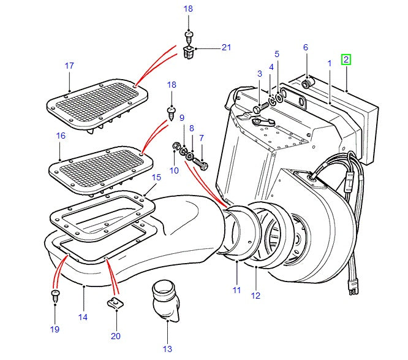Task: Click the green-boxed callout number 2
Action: (346, 59)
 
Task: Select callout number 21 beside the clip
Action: (227, 48)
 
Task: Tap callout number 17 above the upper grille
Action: (69, 66)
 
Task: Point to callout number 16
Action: (60, 136)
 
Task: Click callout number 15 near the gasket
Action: (156, 177)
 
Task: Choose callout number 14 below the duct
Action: (83, 317)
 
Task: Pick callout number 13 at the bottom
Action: (167, 349)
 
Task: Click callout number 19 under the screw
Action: (55, 329)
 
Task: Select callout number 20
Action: (116, 335)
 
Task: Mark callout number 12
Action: (255, 296)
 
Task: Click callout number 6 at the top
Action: (305, 48)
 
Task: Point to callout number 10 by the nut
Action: (174, 170)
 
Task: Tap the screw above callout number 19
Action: (55, 296)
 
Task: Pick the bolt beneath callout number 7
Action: (204, 166)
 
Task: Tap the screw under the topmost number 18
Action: (189, 35)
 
